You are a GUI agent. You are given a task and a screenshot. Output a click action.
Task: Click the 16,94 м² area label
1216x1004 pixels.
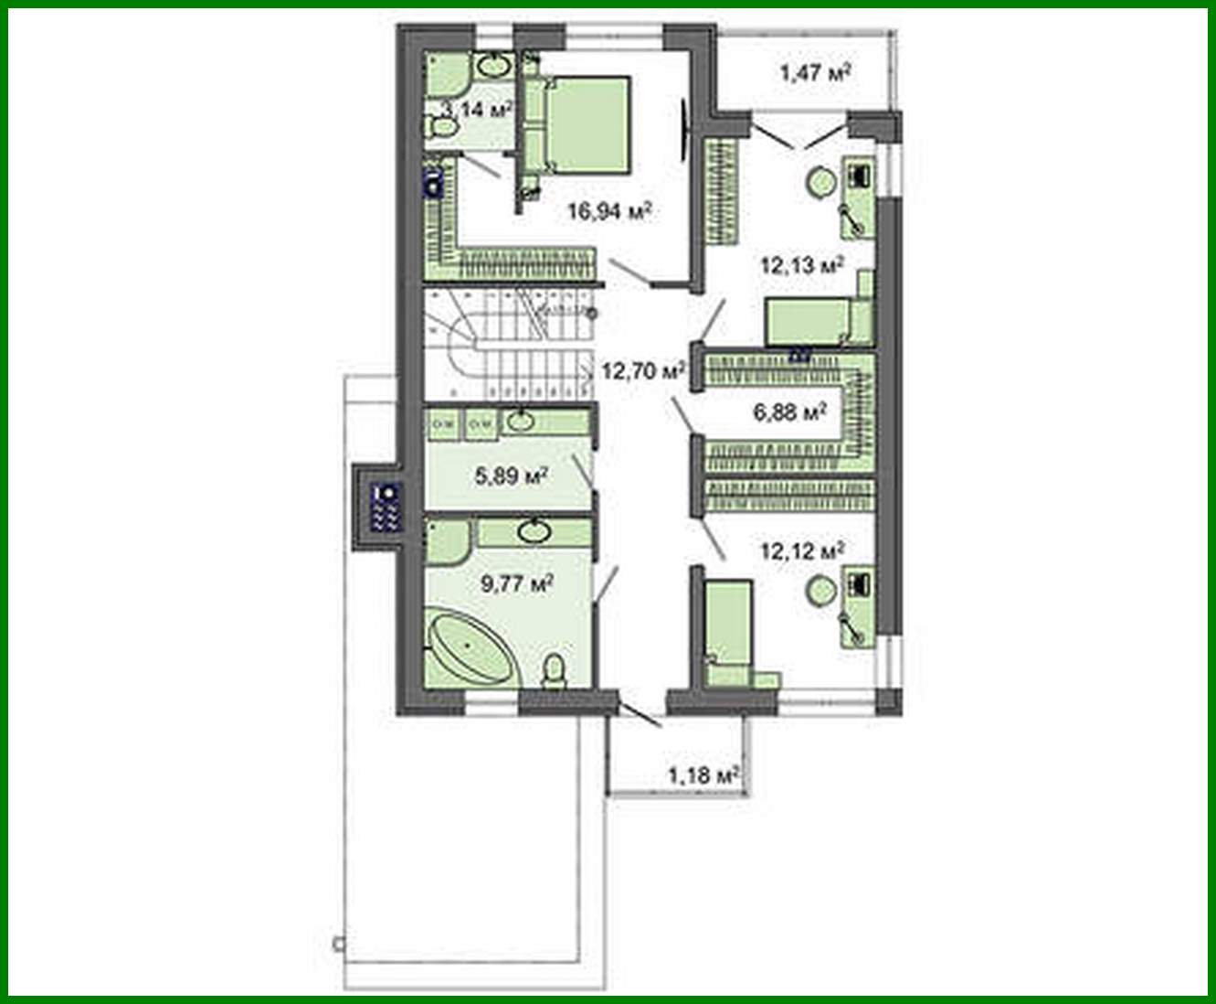[x=609, y=212]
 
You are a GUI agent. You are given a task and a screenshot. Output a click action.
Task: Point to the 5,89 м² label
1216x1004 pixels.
[x=511, y=475]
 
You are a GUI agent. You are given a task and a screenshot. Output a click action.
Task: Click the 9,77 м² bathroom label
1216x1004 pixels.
[x=517, y=582]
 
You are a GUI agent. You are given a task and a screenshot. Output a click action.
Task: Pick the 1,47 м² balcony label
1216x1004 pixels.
[x=815, y=72]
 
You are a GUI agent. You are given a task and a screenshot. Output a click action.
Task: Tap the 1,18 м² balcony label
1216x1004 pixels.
[x=703, y=777]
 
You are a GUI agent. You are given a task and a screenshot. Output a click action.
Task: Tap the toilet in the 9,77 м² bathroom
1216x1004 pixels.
[x=554, y=672]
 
